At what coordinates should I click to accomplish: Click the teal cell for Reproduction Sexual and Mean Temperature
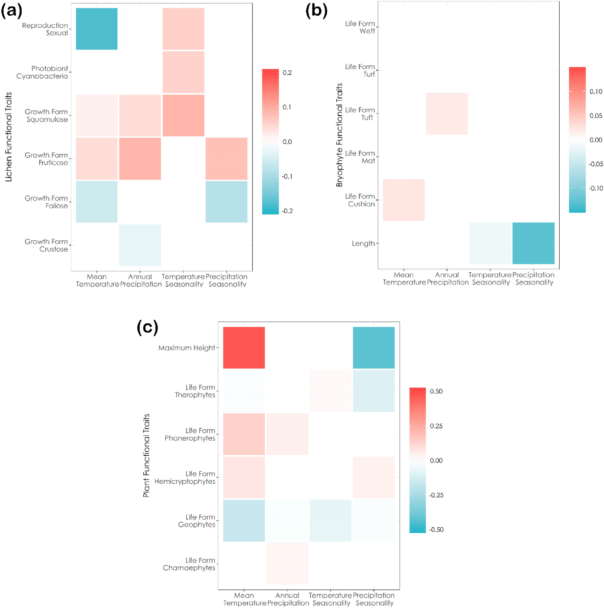(97, 29)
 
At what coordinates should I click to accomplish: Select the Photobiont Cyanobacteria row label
(42, 72)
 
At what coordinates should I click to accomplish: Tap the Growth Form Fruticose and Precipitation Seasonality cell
(226, 158)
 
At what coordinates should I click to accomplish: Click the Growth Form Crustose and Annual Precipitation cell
(140, 245)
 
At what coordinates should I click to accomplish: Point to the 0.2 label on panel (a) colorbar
(287, 73)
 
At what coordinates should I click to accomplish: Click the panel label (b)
(316, 11)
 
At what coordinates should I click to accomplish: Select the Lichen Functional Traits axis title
(8, 136)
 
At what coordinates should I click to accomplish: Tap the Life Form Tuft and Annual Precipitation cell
(447, 113)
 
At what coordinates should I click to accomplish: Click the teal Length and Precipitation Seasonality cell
(533, 243)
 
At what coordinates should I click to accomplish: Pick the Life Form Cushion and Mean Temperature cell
(404, 200)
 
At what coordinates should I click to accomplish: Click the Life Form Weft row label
(360, 27)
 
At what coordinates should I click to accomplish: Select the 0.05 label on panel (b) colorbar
(596, 116)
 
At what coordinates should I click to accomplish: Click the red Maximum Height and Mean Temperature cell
(244, 347)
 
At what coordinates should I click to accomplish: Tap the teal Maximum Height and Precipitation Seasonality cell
(373, 347)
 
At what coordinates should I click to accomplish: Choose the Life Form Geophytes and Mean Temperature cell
(244, 520)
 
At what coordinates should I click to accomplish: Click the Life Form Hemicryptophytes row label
(185, 477)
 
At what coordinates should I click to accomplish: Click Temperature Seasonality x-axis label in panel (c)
(330, 599)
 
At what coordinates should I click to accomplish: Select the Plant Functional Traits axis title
(146, 455)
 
